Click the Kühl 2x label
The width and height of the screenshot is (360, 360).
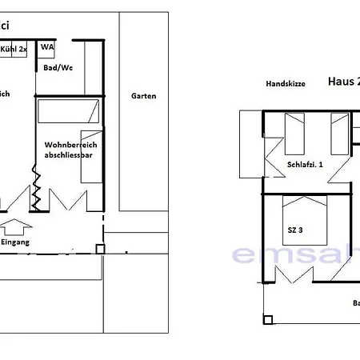(x=15, y=50)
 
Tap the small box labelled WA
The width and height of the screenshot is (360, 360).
(x=47, y=46)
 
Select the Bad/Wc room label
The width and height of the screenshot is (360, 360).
(x=57, y=70)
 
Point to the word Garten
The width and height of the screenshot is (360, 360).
(x=143, y=96)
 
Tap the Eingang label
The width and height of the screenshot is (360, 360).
(x=14, y=241)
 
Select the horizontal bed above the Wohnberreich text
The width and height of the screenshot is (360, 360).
(x=68, y=110)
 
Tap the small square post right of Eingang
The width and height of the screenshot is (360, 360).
(x=99, y=249)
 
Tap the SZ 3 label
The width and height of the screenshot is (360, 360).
(x=296, y=230)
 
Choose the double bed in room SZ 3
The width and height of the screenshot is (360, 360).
(x=305, y=221)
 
